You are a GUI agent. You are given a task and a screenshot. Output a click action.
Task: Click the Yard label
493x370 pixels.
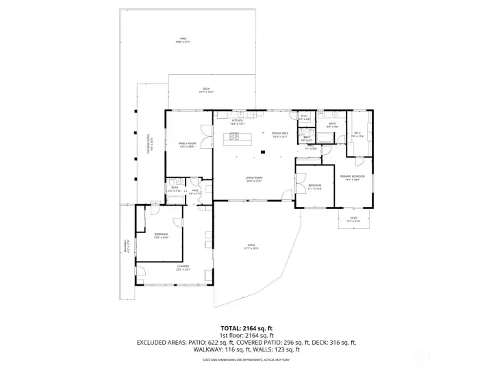[x=183, y=40]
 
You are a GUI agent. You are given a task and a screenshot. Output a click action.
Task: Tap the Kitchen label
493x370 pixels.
[x=238, y=122]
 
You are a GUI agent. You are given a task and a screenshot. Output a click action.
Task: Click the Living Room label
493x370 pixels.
[x=255, y=180]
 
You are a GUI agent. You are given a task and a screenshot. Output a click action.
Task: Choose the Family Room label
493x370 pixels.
[x=187, y=145]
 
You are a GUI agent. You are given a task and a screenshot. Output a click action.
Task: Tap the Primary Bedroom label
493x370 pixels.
[x=352, y=177]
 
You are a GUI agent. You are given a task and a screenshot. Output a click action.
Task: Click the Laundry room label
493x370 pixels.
[x=183, y=267]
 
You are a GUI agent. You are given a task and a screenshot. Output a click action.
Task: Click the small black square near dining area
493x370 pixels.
[x=262, y=152]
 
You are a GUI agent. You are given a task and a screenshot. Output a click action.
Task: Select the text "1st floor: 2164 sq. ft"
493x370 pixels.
[x=246, y=335]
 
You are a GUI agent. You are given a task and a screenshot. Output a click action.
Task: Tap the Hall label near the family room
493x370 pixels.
[x=195, y=192]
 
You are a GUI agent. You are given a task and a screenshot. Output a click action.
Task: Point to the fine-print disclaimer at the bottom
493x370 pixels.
[x=246, y=360]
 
